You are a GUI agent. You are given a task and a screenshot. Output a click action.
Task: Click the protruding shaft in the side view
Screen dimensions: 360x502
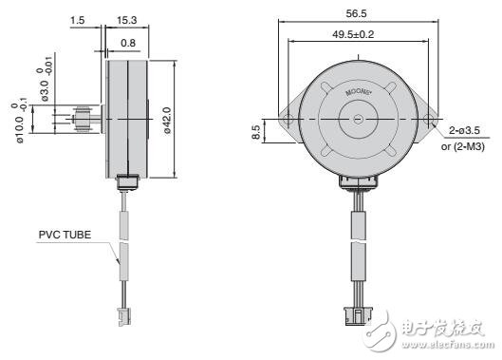(86, 122)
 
